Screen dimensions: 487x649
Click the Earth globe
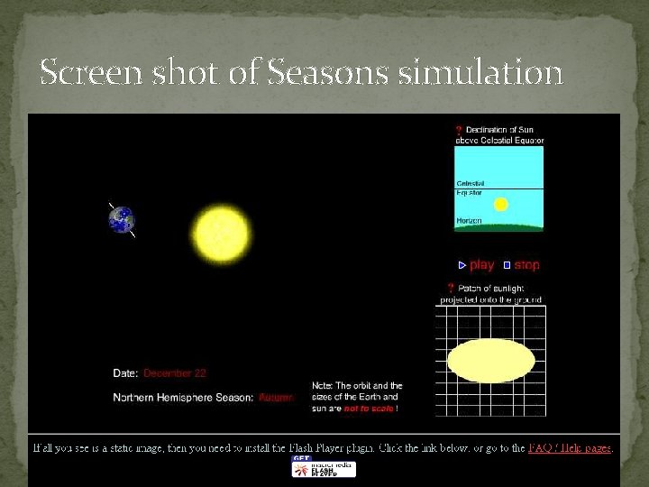click(122, 219)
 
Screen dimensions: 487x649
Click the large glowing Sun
click(218, 233)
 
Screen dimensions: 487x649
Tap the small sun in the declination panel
click(501, 205)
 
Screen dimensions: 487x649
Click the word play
click(482, 265)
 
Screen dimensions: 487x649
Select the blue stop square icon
click(507, 265)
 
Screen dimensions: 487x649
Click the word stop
click(527, 265)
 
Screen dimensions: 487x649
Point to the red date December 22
click(175, 373)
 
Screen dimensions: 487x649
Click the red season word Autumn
click(276, 398)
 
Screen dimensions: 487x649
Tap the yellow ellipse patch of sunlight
click(490, 361)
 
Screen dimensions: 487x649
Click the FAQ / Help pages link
click(570, 447)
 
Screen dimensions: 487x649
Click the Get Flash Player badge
click(324, 467)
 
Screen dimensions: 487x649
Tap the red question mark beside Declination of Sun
click(459, 131)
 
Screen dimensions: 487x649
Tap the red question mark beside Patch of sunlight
click(450, 289)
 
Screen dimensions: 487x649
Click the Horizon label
click(469, 220)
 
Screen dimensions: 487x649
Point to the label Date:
click(125, 373)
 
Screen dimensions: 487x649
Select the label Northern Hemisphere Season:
click(183, 398)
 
